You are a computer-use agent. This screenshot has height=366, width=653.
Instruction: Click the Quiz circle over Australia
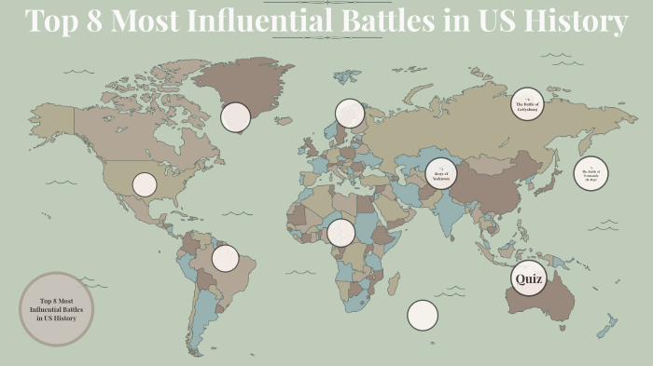(x=528, y=278)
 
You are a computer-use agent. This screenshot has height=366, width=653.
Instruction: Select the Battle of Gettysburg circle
(x=527, y=104)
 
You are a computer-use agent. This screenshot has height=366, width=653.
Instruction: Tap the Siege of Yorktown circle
(x=442, y=173)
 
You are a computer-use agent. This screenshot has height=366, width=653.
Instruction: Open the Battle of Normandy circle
(x=590, y=172)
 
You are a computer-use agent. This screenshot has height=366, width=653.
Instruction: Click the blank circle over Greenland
(x=235, y=117)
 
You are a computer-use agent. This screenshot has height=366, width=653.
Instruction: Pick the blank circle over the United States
(x=144, y=184)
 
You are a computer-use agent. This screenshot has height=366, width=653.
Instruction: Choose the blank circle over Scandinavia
(x=349, y=113)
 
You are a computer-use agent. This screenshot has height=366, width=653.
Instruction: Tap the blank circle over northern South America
(x=225, y=258)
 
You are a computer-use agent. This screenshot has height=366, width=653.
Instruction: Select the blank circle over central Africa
(x=341, y=233)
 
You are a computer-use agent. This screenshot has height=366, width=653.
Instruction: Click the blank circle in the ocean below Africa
(x=422, y=315)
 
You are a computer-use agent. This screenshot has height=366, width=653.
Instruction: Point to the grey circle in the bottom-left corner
(x=57, y=309)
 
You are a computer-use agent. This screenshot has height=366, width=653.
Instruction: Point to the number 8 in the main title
(x=90, y=20)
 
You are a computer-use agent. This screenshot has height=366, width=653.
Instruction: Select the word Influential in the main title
(x=254, y=20)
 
